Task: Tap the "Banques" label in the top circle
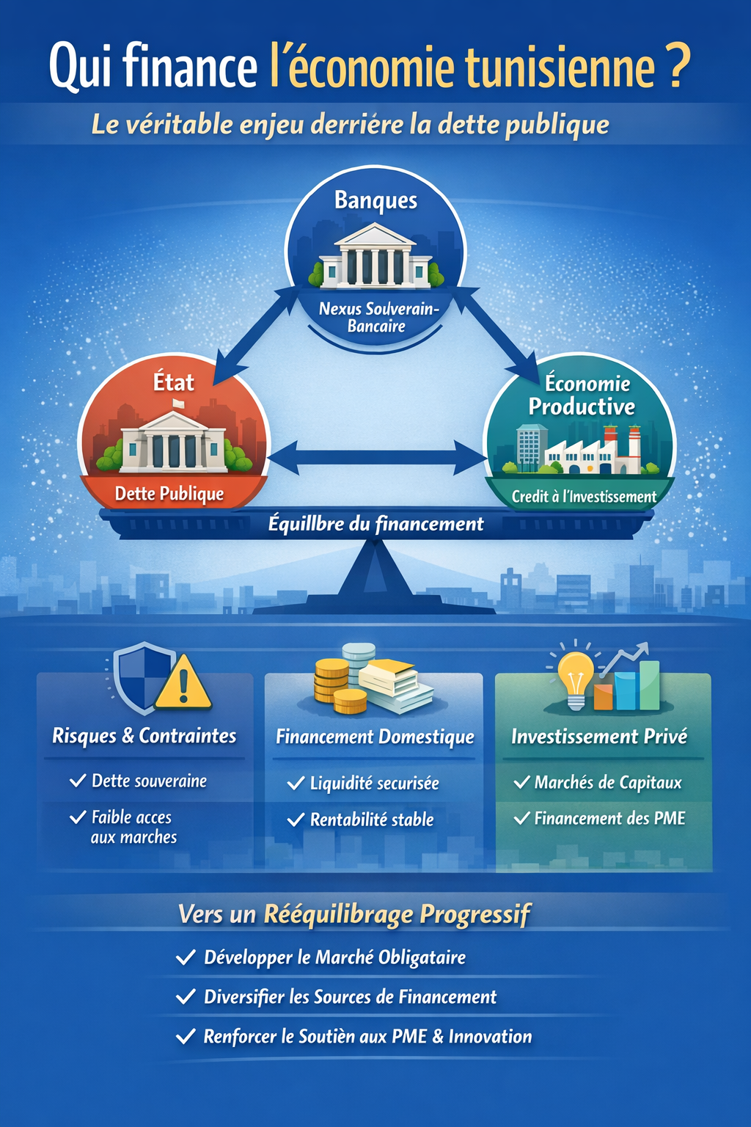pyautogui.click(x=375, y=200)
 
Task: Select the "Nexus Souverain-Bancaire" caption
pyautogui.click(x=377, y=318)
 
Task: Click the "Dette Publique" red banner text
pyautogui.click(x=169, y=494)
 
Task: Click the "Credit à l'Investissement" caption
pyautogui.click(x=584, y=497)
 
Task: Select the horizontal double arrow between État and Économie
pyautogui.click(x=376, y=458)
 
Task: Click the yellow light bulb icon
pyautogui.click(x=576, y=676)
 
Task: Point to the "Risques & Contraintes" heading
pyautogui.click(x=144, y=736)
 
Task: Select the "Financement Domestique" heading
pyautogui.click(x=375, y=737)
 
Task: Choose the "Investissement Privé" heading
pyautogui.click(x=599, y=737)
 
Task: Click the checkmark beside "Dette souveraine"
pyautogui.click(x=77, y=781)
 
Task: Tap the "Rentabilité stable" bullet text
pyautogui.click(x=372, y=820)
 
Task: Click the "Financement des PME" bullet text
pyautogui.click(x=609, y=818)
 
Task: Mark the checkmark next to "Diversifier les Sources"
pyautogui.click(x=186, y=997)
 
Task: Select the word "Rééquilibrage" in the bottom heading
pyautogui.click(x=338, y=914)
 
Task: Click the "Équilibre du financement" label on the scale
pyautogui.click(x=375, y=524)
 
